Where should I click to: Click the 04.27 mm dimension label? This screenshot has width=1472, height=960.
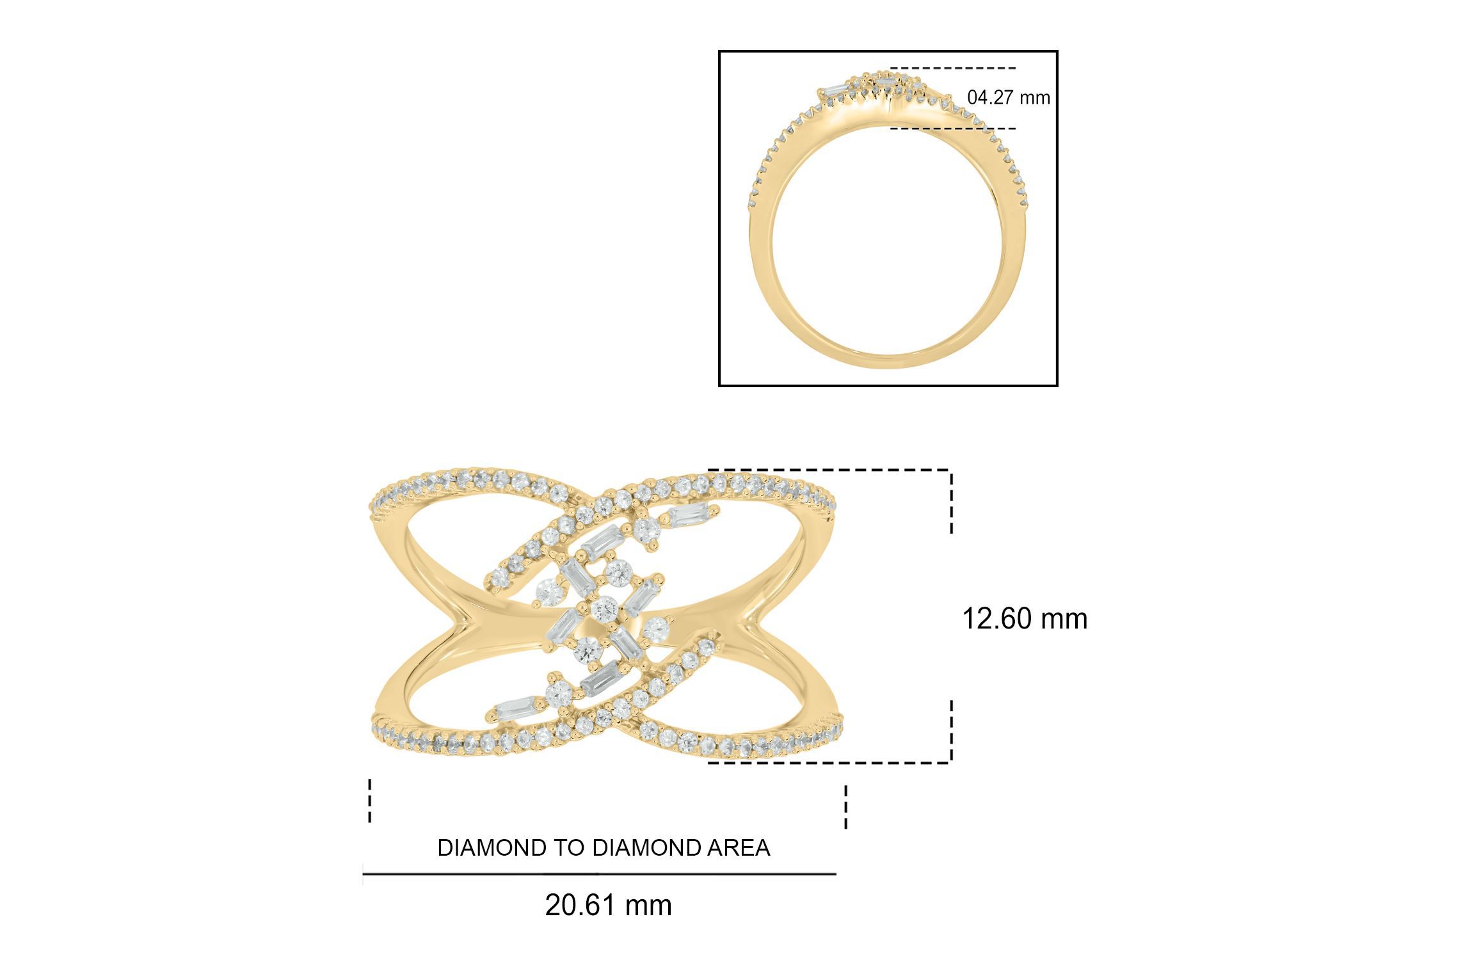1009,98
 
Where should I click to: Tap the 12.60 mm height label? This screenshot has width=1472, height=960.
1025,619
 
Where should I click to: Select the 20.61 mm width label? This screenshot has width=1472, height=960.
608,906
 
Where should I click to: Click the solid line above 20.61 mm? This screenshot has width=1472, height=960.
599,874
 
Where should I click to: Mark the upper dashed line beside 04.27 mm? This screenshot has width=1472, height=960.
952,68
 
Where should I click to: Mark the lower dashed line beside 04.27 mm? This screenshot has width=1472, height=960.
952,129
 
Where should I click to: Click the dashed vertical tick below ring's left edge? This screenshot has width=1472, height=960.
370,800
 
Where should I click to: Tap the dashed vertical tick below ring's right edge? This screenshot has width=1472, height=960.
846,806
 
